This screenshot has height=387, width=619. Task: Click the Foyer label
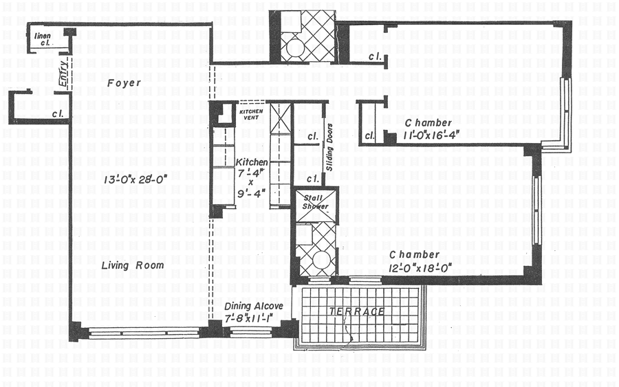124,83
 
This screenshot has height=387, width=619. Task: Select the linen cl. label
43,39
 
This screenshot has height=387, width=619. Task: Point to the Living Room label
133,265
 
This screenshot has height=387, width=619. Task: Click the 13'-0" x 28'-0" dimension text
135,179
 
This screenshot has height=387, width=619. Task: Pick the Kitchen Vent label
251,114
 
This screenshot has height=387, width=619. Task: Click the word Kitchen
252,162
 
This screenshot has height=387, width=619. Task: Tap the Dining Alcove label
253,307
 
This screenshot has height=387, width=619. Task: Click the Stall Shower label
315,202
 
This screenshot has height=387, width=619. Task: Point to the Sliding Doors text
329,147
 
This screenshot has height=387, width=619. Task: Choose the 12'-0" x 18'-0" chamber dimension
420,269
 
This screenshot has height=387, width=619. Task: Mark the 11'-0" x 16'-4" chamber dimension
431,135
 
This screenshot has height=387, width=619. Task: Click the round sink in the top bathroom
294,49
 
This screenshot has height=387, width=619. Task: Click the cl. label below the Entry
58,114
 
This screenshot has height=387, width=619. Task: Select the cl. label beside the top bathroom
375,57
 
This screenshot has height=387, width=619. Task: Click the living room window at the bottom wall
144,333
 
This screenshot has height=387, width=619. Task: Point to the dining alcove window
251,333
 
